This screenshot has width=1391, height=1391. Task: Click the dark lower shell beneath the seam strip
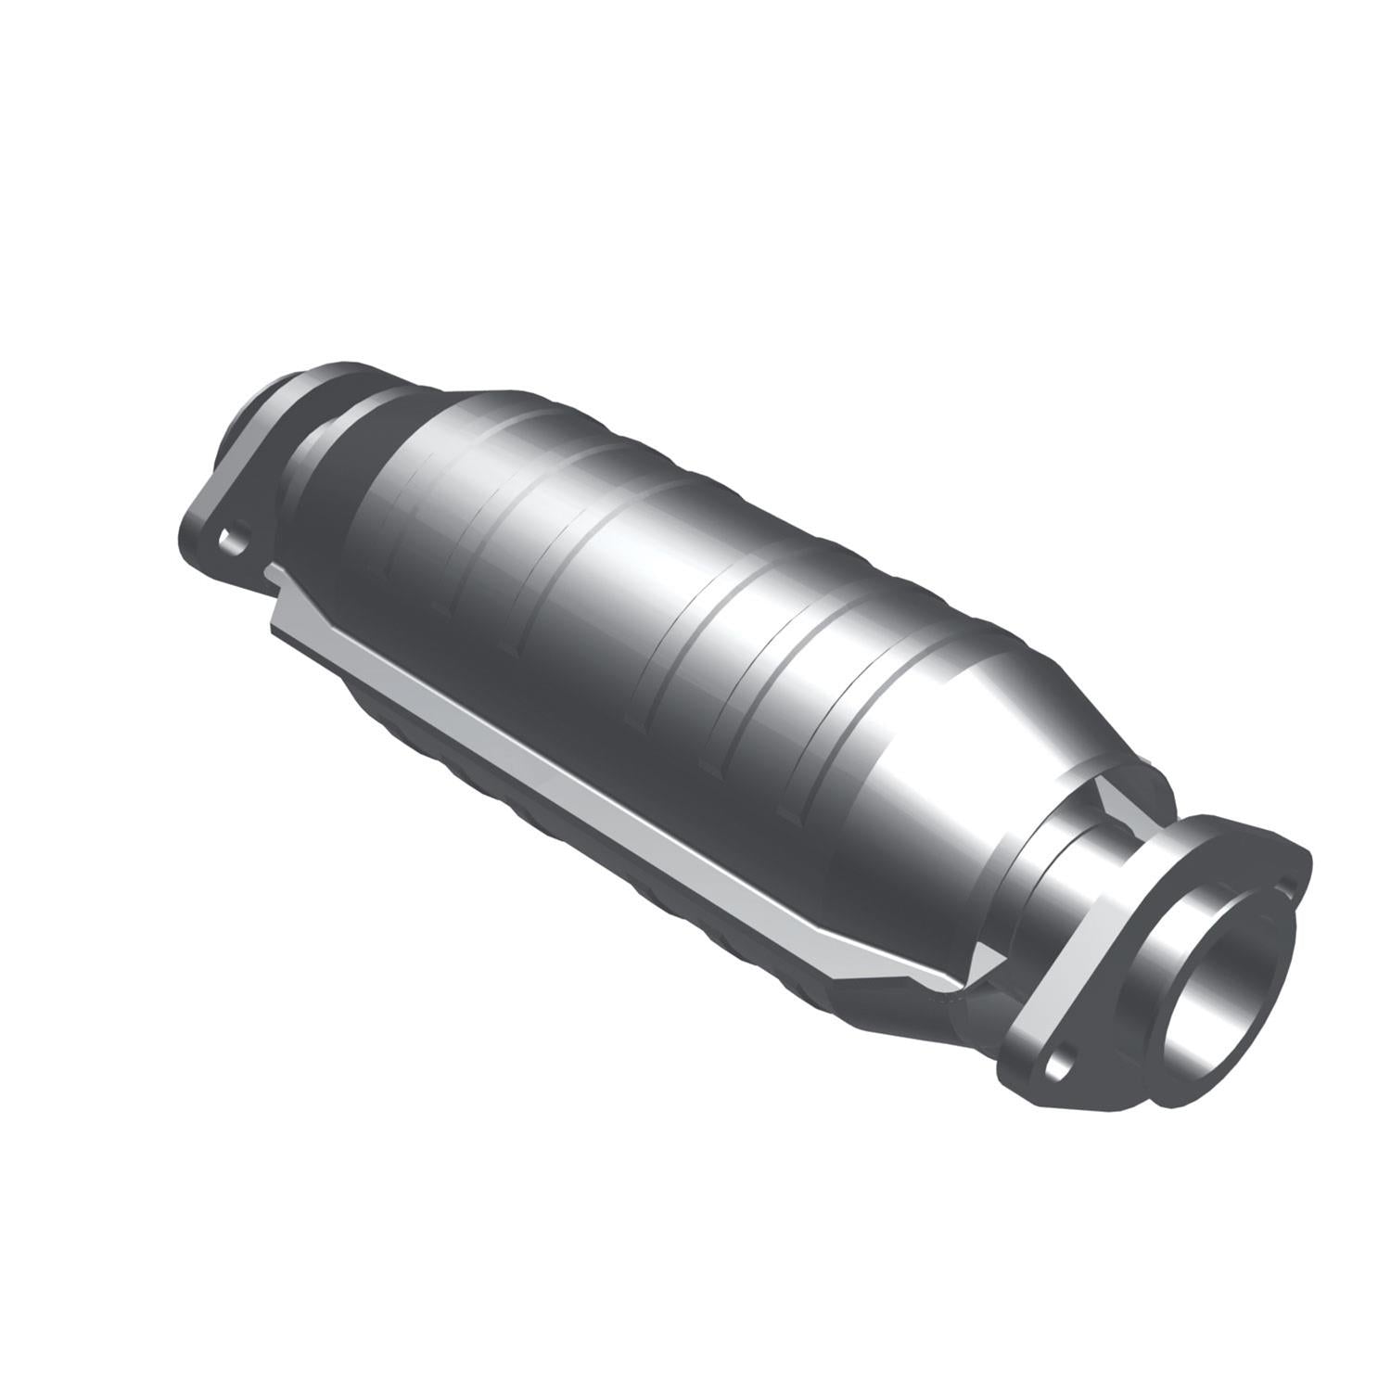click(556, 816)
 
